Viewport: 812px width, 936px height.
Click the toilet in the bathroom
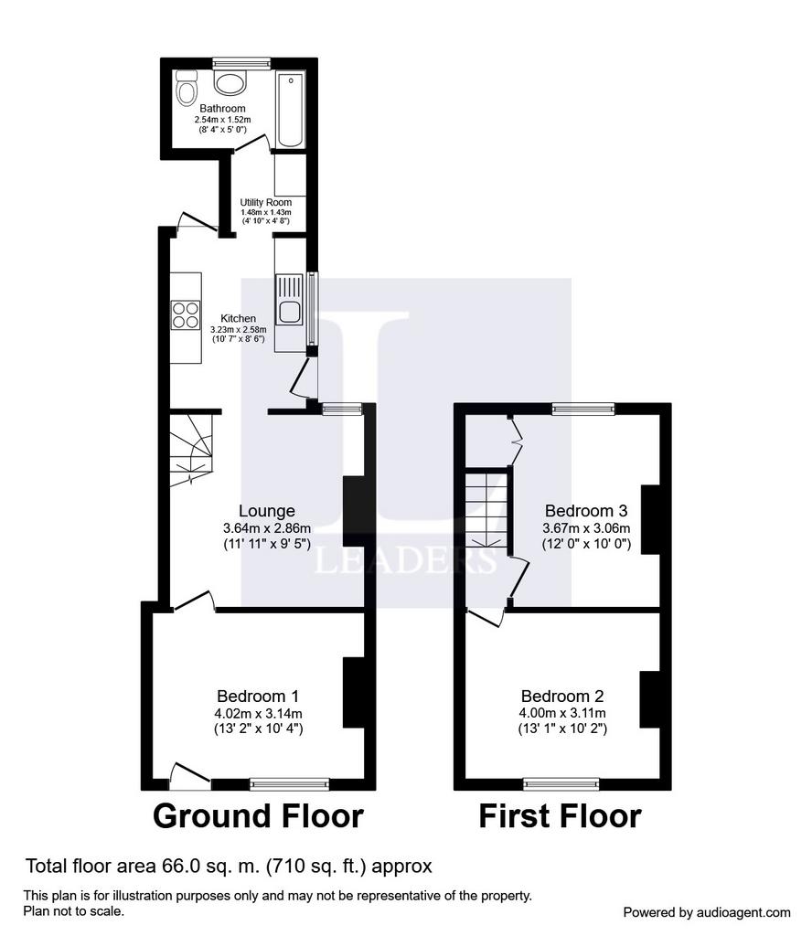coord(187,89)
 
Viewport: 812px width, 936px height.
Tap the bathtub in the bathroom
coord(292,110)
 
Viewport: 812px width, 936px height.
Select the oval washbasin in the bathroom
coord(230,83)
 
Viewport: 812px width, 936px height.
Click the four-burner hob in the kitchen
coord(186,314)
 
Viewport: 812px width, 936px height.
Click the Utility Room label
coord(266,202)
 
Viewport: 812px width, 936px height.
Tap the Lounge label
coord(267,511)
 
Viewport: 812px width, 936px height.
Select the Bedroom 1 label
coord(258,696)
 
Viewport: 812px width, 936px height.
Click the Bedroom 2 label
coord(562,696)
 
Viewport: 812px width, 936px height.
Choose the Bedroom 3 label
coord(586,511)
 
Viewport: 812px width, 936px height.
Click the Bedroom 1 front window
coord(290,783)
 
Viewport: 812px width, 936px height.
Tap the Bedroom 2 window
coord(561,783)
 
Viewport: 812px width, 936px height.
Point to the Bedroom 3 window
coord(583,409)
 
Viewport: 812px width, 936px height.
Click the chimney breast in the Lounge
coord(354,511)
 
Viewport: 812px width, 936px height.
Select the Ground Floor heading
coord(258,816)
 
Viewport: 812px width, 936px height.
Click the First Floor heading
coord(560,816)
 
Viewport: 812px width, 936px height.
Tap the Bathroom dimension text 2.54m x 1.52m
coord(223,120)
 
